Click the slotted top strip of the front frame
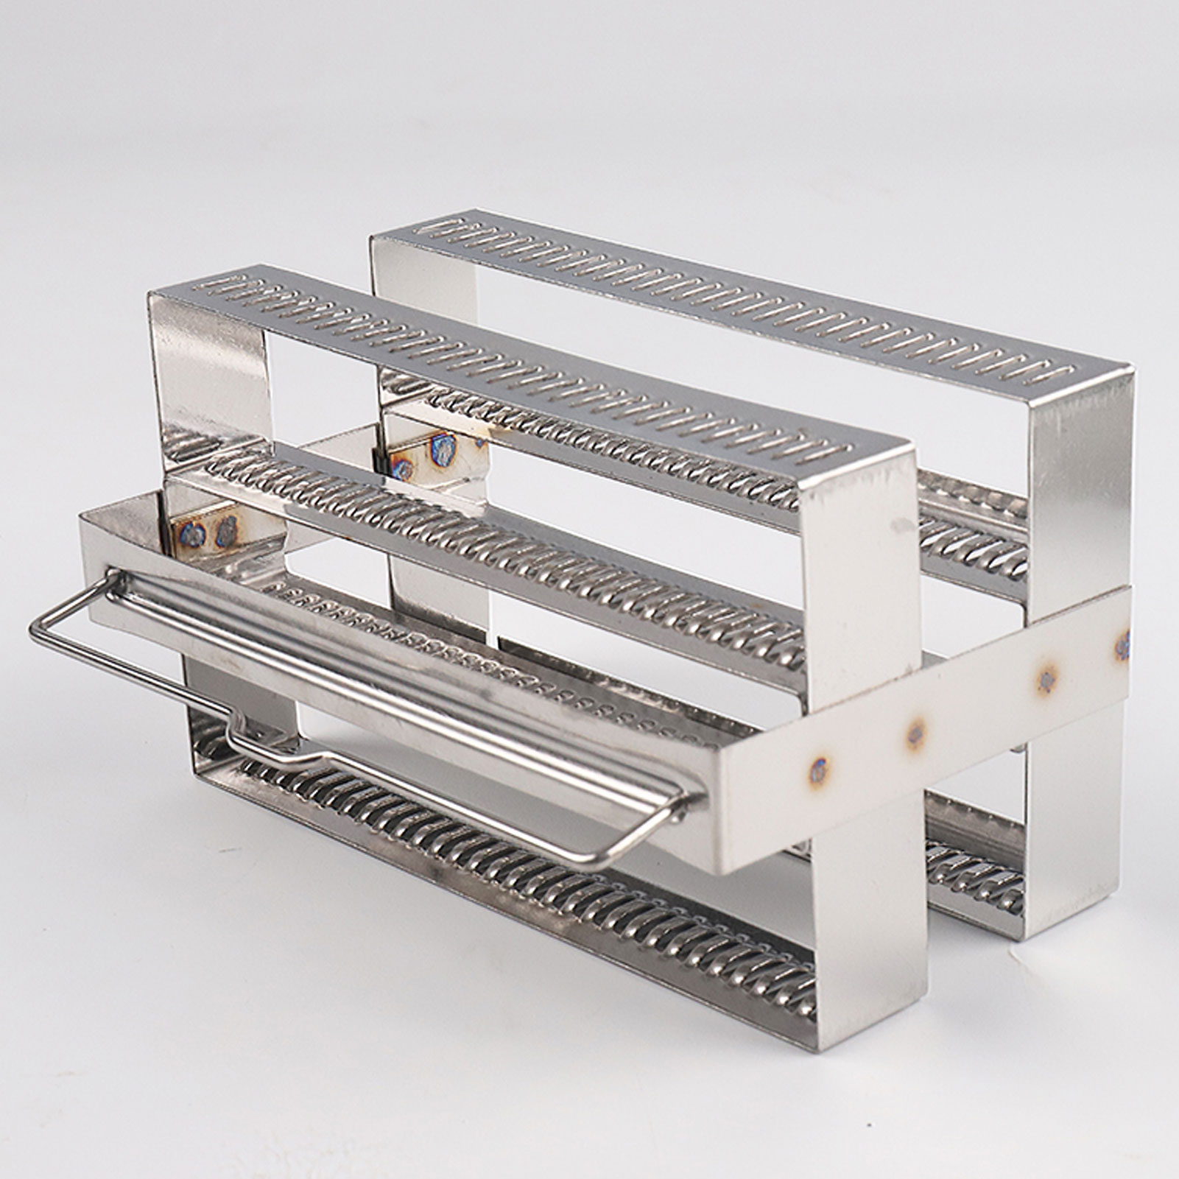pos(515,368)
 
